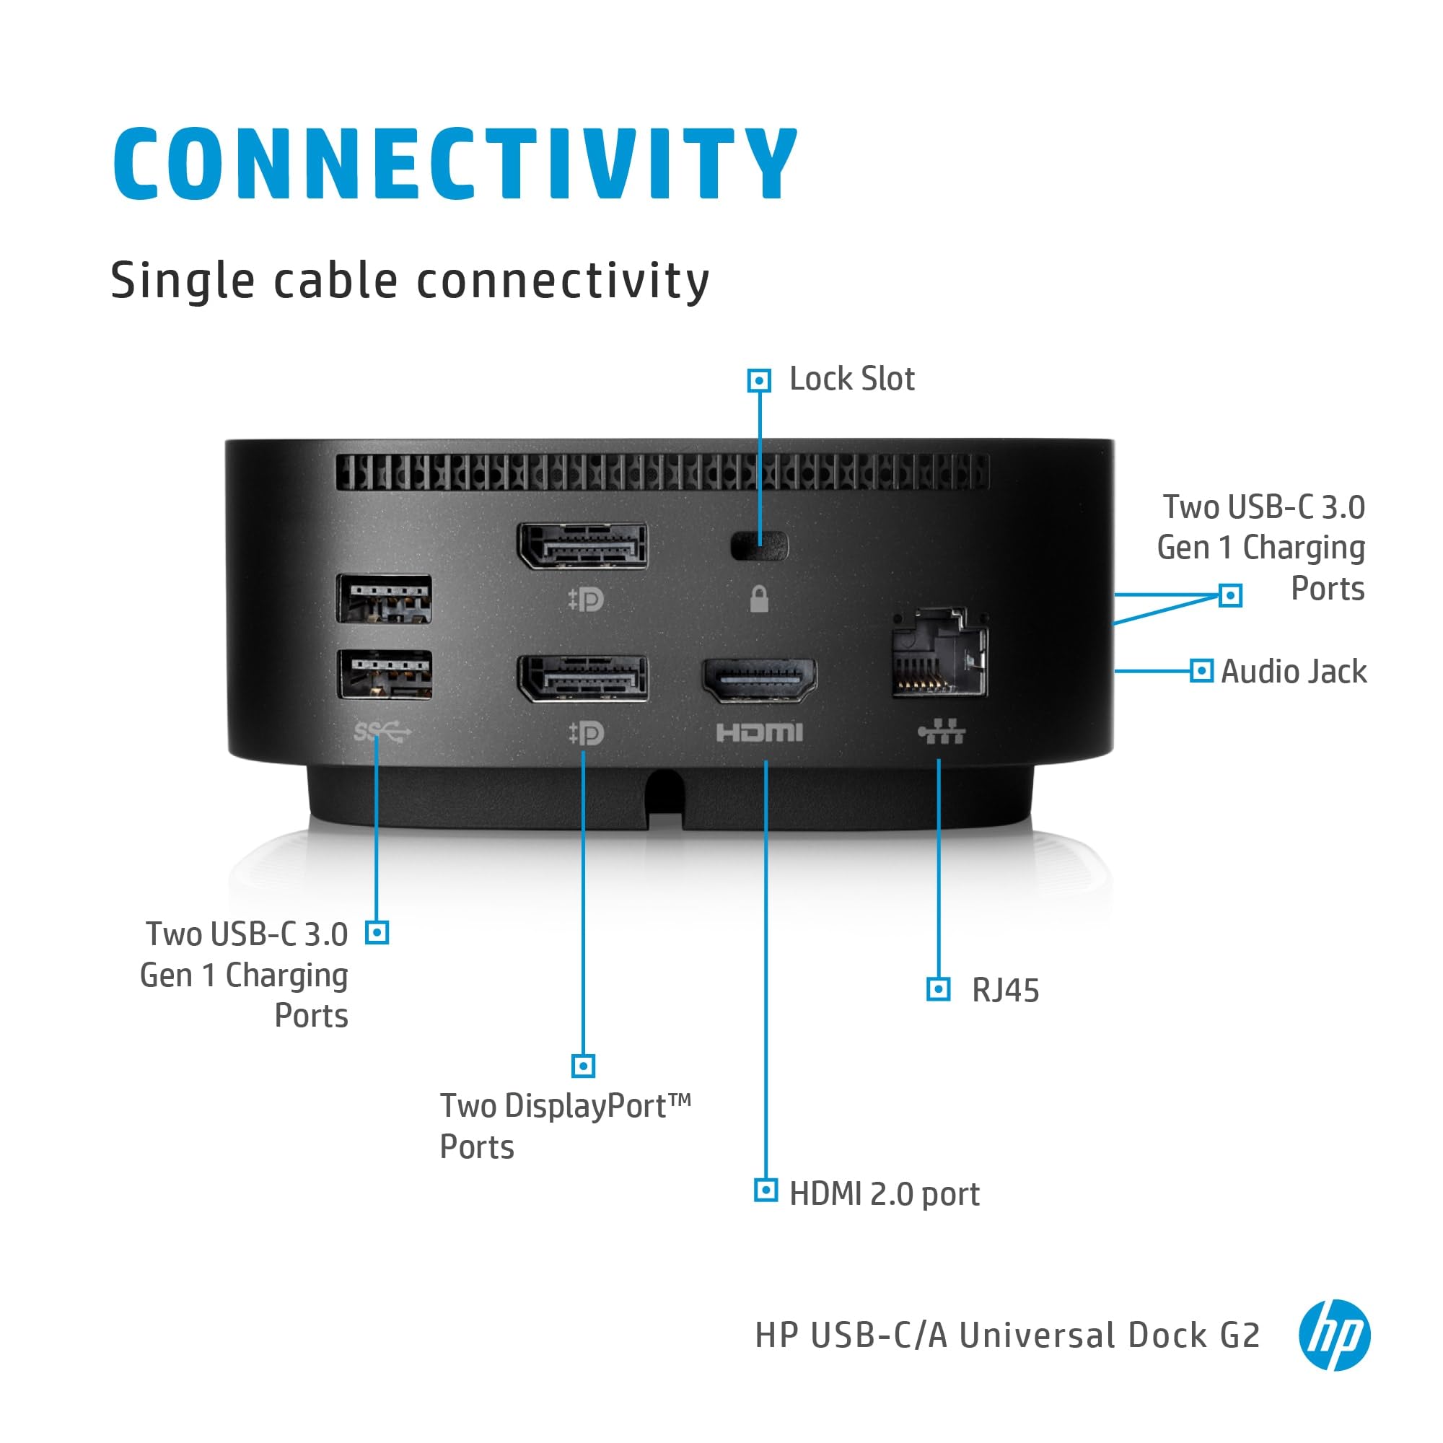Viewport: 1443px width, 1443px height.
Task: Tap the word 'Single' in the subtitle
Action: [x=183, y=281]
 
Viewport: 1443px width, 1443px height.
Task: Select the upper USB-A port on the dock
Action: [x=384, y=598]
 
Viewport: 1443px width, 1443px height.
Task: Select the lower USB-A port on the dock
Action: [x=385, y=674]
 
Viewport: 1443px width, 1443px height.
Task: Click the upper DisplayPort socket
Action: [x=582, y=545]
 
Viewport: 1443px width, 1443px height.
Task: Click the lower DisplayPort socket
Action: [x=582, y=678]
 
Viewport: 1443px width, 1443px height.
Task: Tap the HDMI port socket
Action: [x=759, y=680]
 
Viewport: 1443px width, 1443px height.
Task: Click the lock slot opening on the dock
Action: [x=759, y=546]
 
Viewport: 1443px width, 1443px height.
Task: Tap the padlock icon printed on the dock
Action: [x=759, y=599]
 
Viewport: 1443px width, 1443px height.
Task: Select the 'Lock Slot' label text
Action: [x=851, y=380]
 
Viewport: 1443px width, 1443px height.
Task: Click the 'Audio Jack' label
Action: [x=1294, y=672]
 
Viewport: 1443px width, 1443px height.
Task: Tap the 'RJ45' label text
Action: [x=1005, y=991]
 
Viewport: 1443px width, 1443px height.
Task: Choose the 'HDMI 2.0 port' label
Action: [x=885, y=1193]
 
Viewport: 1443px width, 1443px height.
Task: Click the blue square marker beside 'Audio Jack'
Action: [x=1201, y=671]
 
